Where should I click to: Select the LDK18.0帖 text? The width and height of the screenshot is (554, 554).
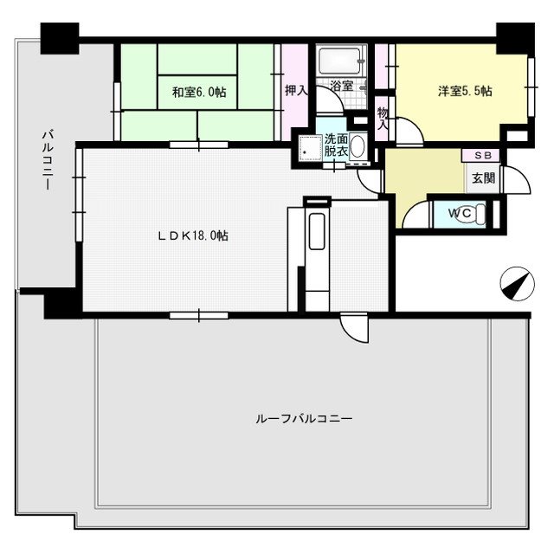(x=193, y=235)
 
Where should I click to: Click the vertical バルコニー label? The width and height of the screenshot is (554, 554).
(x=47, y=160)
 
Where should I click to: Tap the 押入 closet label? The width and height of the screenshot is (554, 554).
(x=296, y=89)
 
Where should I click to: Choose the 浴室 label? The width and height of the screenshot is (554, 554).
(x=341, y=86)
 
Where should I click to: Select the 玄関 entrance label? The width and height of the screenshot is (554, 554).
(x=482, y=179)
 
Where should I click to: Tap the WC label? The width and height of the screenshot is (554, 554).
(x=459, y=213)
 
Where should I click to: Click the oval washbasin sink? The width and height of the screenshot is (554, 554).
(x=357, y=145)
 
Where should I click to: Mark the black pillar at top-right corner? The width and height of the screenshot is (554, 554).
(x=512, y=37)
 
